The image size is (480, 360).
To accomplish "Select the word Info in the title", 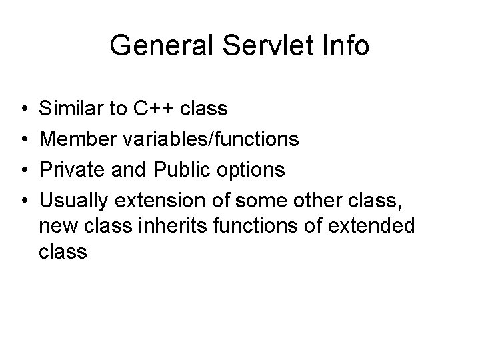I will pyautogui.click(x=345, y=46).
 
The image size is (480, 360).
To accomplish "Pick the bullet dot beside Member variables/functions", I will pyautogui.click(x=23, y=139).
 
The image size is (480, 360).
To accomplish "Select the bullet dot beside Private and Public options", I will pyautogui.click(x=23, y=170).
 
